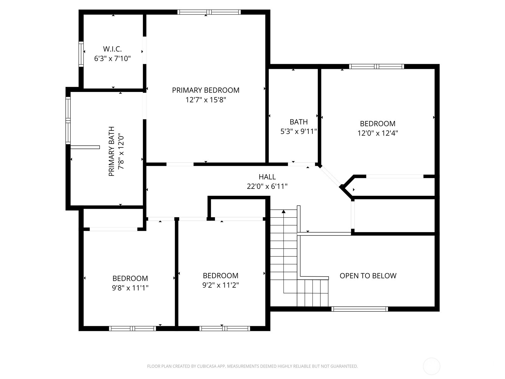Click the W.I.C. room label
[112, 49]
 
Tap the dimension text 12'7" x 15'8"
[205, 100]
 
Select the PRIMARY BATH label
[111, 151]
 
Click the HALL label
[267, 177]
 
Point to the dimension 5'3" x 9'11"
[299, 131]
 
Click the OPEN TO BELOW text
[368, 276]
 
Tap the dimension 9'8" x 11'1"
[130, 288]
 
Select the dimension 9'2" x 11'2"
[220, 285]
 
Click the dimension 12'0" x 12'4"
[377, 133]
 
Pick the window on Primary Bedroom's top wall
[209, 12]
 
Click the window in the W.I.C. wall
[81, 54]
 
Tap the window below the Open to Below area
[359, 309]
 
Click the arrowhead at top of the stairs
[284, 211]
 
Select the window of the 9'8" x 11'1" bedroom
[133, 328]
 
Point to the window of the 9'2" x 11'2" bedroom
[224, 328]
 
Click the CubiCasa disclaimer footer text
[252, 366]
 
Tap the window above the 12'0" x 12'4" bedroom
[376, 67]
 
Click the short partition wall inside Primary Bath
[85, 147]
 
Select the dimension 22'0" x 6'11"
[267, 186]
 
